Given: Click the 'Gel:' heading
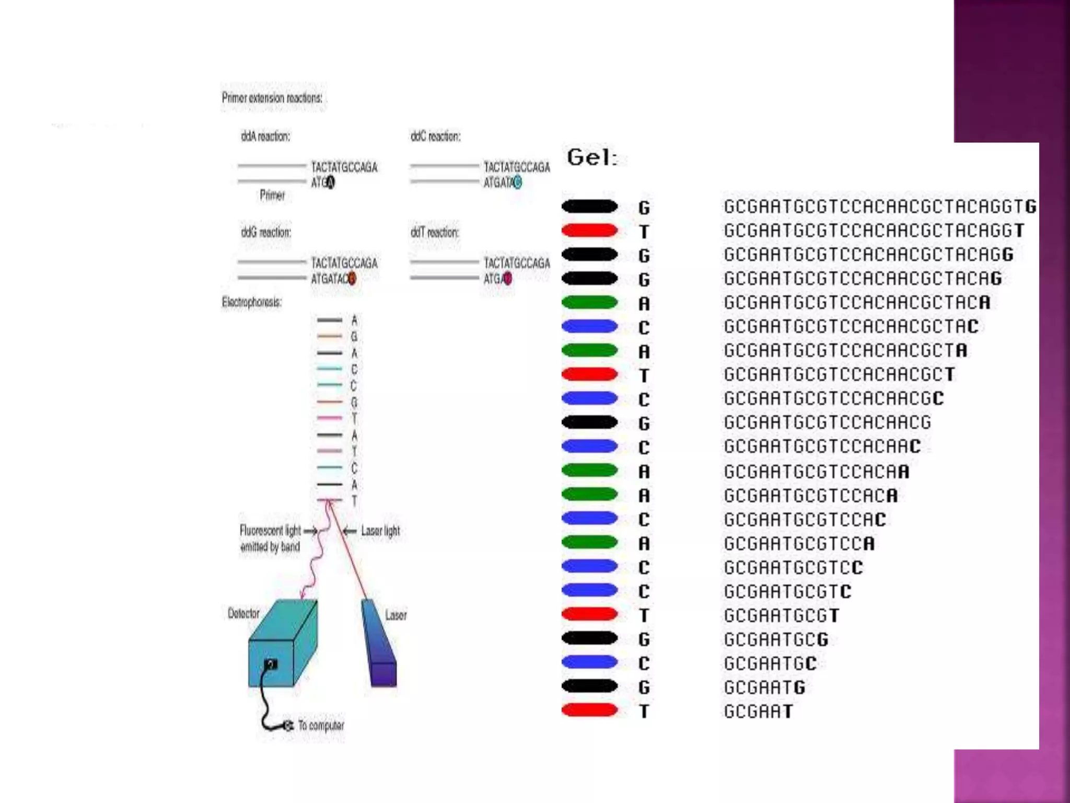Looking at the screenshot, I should pyautogui.click(x=592, y=157).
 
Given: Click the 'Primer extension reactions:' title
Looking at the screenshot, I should pyautogui.click(x=272, y=98).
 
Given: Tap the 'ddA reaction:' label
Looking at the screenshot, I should pyautogui.click(x=265, y=136).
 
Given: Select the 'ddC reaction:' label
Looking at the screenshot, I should pyautogui.click(x=435, y=136).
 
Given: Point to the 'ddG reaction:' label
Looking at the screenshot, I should pyautogui.click(x=266, y=232).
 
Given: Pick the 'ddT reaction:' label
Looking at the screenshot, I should pyautogui.click(x=435, y=232).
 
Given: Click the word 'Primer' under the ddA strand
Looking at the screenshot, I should pyautogui.click(x=272, y=195).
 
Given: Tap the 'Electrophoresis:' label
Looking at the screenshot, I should pyautogui.click(x=252, y=302).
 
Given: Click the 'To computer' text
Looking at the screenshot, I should pyautogui.click(x=321, y=726).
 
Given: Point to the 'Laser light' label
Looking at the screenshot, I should pyautogui.click(x=380, y=531).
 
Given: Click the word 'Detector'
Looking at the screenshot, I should pyautogui.click(x=243, y=613).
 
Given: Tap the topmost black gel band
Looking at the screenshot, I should pyautogui.click(x=589, y=207).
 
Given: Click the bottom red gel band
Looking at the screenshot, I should pyautogui.click(x=589, y=710).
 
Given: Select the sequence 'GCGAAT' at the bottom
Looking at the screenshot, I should pyautogui.click(x=758, y=712).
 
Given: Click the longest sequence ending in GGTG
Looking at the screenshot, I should pyautogui.click(x=880, y=207).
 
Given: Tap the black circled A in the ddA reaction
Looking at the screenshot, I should pyautogui.click(x=330, y=182).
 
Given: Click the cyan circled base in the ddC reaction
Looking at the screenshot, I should pyautogui.click(x=517, y=182).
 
